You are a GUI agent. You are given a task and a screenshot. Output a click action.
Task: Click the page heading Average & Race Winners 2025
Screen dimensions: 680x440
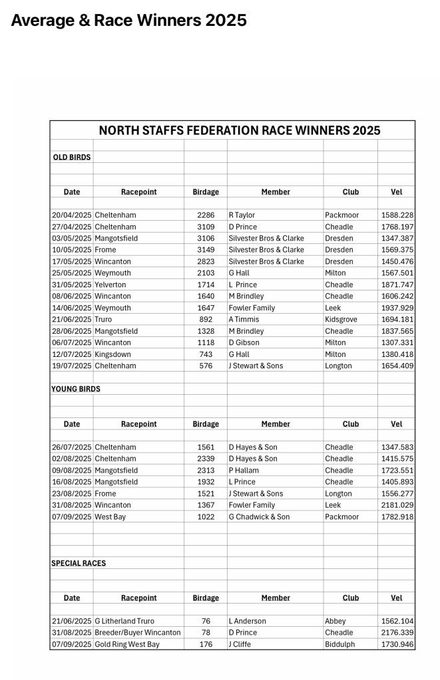coord(128,21)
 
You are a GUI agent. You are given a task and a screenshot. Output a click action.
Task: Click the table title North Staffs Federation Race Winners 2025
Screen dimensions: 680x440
coord(239,130)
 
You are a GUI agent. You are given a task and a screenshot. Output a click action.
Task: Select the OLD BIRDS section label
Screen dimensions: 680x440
coord(72,158)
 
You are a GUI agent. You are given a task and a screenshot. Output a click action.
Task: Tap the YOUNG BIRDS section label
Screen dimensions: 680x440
coord(76,389)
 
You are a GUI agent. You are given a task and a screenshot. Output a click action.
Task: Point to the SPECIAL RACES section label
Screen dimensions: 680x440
coord(79,563)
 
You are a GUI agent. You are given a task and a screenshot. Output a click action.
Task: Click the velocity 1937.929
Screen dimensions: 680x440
coord(397,308)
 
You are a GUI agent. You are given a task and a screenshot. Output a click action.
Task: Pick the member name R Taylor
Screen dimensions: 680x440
coord(242,215)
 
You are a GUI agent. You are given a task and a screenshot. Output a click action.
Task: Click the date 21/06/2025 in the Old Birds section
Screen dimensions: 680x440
coord(72,320)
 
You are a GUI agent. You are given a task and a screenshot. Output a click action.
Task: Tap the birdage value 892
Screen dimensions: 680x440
coord(206,320)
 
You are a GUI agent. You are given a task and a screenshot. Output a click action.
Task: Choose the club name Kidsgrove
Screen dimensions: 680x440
coord(341,320)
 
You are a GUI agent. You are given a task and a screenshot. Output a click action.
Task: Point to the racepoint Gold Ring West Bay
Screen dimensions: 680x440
coord(127,644)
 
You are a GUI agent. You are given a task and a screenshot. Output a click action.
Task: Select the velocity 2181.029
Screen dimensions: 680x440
coord(397,505)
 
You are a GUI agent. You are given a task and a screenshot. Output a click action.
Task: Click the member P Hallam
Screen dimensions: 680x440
coord(244,471)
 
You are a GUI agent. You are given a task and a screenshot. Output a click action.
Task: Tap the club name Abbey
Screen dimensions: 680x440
coord(335,621)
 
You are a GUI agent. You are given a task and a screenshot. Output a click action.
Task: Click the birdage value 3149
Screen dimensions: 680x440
coord(206,250)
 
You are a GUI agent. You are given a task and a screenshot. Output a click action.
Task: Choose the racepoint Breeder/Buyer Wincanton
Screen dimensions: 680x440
coord(138,633)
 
